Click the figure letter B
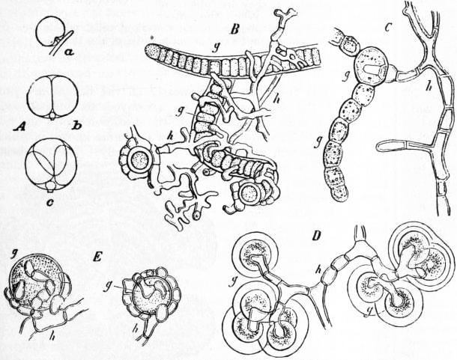tap(235, 30)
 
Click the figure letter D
tap(316, 235)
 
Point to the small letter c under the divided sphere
tap(50, 202)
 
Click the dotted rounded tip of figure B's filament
tap(152, 51)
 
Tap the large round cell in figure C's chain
tap(370, 67)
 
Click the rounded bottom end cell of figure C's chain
tap(339, 192)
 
